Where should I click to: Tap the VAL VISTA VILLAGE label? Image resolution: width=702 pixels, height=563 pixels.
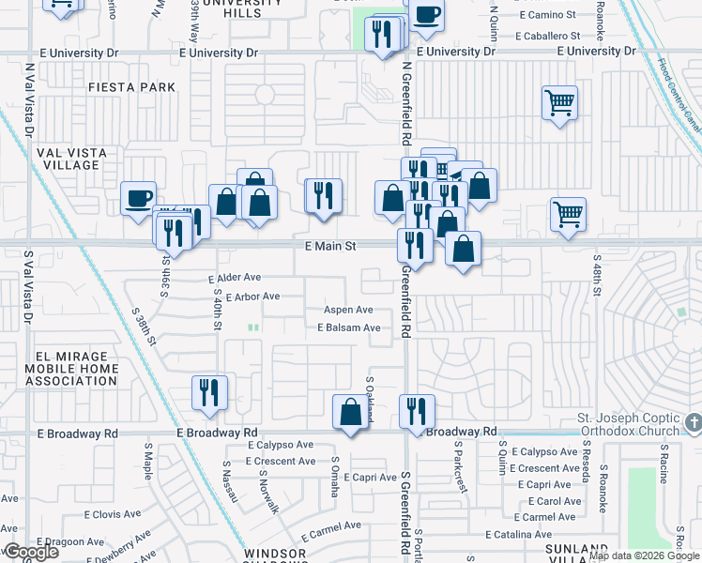pyautogui.click(x=71, y=159)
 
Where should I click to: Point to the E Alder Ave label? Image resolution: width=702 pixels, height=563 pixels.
pyautogui.click(x=235, y=279)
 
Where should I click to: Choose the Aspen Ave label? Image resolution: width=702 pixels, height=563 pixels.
pyautogui.click(x=348, y=310)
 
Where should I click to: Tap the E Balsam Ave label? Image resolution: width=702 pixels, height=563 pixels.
pyautogui.click(x=348, y=327)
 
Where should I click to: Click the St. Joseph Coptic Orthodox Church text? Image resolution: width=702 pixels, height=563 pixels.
pyautogui.click(x=627, y=424)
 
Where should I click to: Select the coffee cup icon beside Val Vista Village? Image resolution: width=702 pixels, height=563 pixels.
pyautogui.click(x=139, y=198)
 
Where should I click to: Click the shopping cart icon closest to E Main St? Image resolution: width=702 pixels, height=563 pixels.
pyautogui.click(x=568, y=215)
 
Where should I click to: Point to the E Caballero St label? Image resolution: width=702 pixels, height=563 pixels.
pyautogui.click(x=545, y=36)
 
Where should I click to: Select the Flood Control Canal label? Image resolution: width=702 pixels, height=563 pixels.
pyautogui.click(x=679, y=95)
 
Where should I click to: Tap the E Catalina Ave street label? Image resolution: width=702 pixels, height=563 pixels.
pyautogui.click(x=521, y=534)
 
